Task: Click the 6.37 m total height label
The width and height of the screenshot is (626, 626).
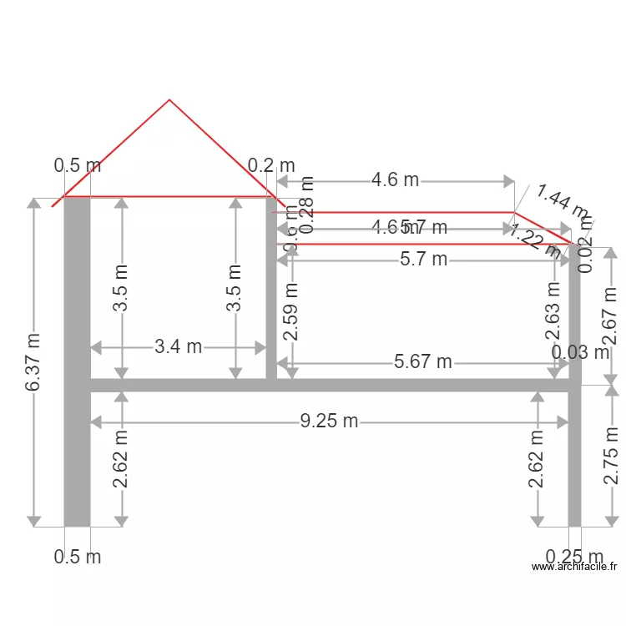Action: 33,363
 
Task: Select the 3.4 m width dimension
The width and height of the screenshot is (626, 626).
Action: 178,346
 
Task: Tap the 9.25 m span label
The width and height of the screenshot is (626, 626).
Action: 329,421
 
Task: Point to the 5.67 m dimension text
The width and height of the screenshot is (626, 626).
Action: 422,361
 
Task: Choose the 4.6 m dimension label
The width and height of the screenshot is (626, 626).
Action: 395,179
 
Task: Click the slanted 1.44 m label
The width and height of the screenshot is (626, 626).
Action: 562,204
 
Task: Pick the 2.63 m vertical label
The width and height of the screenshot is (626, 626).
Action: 553,311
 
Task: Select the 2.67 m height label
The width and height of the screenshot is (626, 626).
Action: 610,317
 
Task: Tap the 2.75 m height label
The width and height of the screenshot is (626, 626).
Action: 610,456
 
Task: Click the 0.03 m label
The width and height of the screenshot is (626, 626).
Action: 581,352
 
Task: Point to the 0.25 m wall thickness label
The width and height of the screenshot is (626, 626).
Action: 574,557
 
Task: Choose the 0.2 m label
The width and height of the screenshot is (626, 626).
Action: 272,166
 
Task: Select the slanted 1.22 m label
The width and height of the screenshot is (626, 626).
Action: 536,240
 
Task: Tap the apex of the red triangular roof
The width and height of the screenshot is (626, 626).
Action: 169,100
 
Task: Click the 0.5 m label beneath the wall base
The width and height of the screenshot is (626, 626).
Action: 77,557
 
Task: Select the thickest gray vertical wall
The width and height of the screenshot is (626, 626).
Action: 77,363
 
